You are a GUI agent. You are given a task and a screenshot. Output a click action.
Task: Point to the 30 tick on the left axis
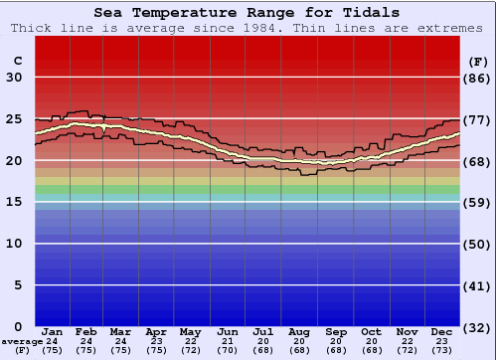[x=14, y=78]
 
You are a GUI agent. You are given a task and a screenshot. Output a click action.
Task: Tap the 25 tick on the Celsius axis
[x=14, y=118]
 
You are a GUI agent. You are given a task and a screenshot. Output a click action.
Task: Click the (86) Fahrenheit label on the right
[x=478, y=78]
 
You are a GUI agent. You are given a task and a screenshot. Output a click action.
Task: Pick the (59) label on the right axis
[x=478, y=203]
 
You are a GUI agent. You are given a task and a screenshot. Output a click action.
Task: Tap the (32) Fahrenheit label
[x=478, y=327]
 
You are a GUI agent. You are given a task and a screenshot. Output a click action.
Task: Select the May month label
[x=190, y=331]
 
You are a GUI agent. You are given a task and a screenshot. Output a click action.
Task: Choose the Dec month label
[x=442, y=331]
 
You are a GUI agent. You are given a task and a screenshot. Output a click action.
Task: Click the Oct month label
[x=371, y=331]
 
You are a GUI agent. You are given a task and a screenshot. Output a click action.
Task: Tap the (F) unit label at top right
[x=478, y=60]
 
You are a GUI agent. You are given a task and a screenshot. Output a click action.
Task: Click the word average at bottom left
[x=22, y=341]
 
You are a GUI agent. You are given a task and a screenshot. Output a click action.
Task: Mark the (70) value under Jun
[x=227, y=350]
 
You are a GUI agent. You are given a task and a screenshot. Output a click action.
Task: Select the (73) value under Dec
[x=442, y=350]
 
